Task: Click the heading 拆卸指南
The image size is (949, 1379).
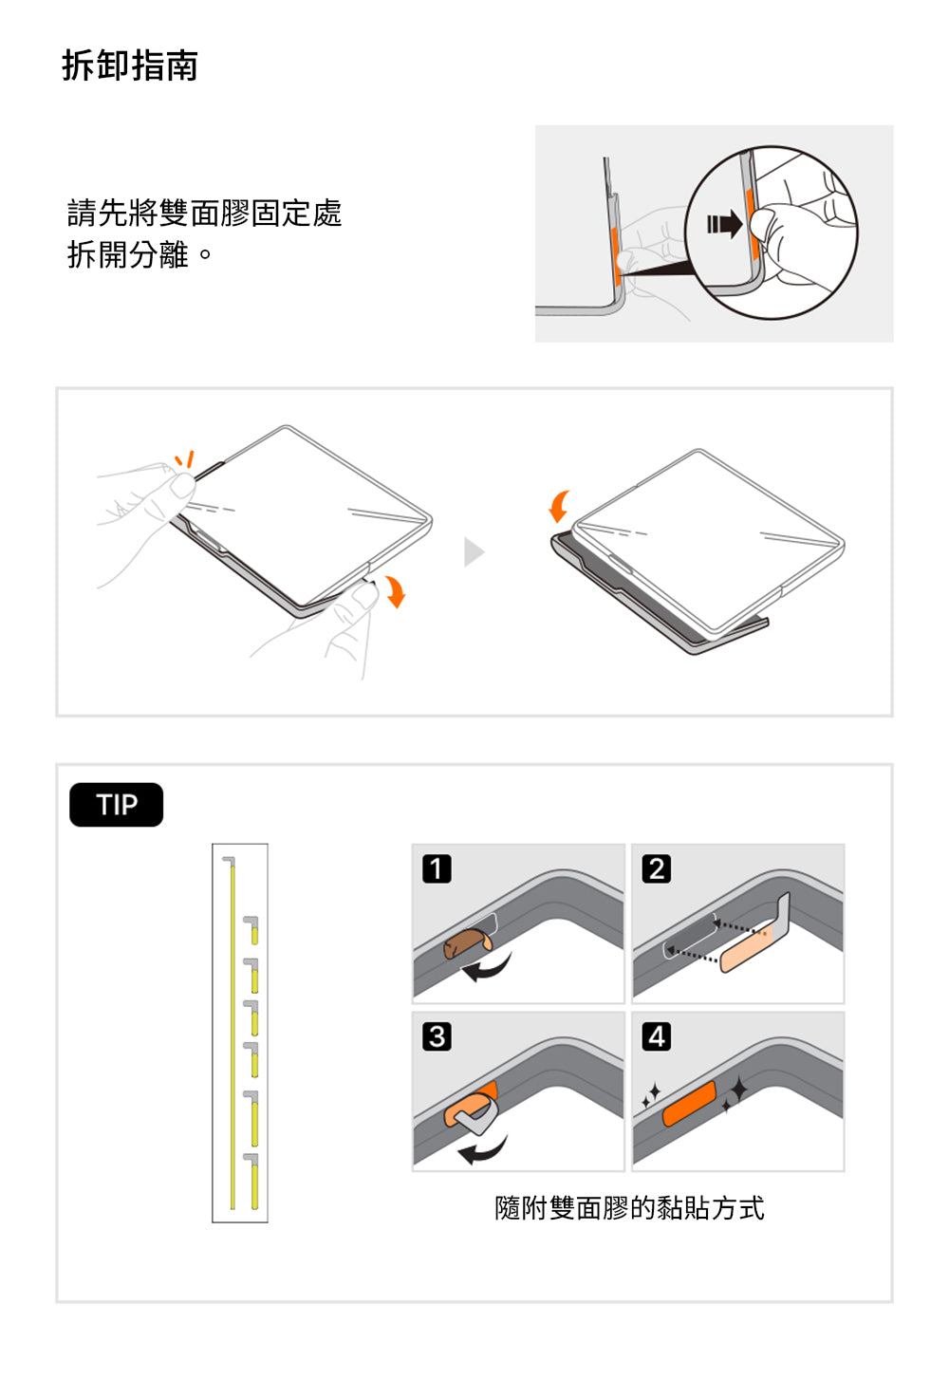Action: click(130, 65)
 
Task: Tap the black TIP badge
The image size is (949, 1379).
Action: click(117, 805)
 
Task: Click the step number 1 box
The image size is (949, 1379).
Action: click(437, 868)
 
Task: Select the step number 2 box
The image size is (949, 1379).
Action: click(656, 868)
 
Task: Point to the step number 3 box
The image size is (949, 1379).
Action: click(437, 1036)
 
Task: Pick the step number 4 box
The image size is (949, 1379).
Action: click(656, 1036)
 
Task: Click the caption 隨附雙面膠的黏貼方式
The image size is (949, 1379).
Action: click(629, 1208)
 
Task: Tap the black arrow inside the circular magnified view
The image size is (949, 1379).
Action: click(724, 223)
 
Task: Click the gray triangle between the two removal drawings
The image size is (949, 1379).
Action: click(474, 551)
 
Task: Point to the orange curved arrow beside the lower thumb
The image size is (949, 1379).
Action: click(395, 591)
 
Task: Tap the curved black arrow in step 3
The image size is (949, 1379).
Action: click(484, 1148)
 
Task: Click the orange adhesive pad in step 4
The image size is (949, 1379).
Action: click(689, 1103)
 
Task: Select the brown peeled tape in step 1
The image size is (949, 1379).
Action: click(467, 943)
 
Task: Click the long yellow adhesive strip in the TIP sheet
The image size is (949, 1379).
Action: click(233, 1035)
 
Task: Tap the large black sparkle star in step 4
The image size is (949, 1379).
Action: click(738, 1089)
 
